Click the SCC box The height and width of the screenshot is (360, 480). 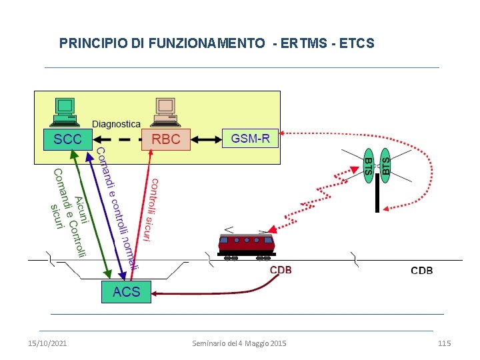(x=68, y=139)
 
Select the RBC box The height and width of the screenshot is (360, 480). (x=166, y=139)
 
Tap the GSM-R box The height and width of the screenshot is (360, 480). (x=251, y=139)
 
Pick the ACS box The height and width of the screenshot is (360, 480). (x=126, y=292)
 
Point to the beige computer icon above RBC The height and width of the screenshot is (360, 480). (x=165, y=111)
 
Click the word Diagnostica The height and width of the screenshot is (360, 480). (x=116, y=124)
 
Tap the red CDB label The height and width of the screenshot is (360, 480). (x=280, y=271)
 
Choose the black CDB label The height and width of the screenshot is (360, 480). (x=421, y=271)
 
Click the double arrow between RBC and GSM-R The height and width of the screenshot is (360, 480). (x=207, y=139)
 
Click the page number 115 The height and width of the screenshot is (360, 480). (x=444, y=343)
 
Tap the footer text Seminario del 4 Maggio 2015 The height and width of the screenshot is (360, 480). (x=239, y=343)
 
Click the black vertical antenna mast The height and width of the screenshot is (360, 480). (x=377, y=195)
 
